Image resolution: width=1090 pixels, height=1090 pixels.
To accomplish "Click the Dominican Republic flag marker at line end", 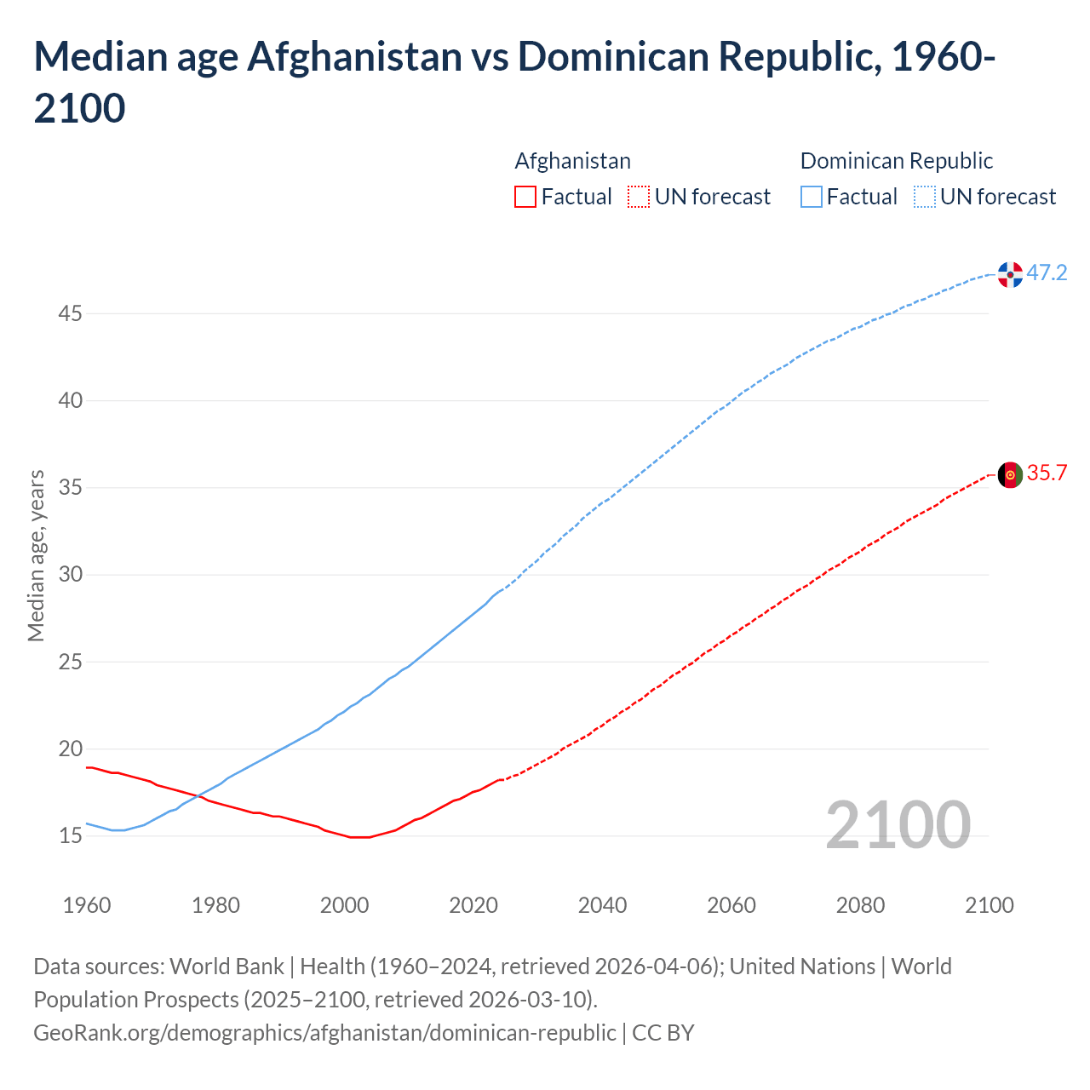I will [x=1010, y=274].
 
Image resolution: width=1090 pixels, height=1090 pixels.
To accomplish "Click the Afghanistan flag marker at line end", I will [x=1010, y=475].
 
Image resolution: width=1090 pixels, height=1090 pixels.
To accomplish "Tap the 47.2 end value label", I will [x=1047, y=273].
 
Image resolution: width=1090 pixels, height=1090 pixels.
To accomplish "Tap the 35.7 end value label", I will [x=1047, y=473].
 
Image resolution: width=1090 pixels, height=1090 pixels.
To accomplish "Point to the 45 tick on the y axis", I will [x=70, y=314].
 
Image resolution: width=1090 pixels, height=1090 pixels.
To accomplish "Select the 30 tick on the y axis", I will [x=70, y=575].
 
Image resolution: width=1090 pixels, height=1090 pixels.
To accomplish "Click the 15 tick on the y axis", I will [x=70, y=836].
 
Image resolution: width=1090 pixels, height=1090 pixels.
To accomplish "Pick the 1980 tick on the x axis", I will [x=215, y=905].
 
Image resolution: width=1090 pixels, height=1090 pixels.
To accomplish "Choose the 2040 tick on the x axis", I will [x=602, y=905].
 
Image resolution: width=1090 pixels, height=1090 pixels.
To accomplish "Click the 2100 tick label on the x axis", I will [x=989, y=905].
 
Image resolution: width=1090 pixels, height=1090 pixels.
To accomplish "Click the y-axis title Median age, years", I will [x=36, y=555].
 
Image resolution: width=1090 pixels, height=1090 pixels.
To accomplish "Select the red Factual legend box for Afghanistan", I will [x=525, y=198].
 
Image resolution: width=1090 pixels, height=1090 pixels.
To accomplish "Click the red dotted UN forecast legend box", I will [x=639, y=198].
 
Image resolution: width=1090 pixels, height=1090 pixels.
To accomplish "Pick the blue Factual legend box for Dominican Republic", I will [x=812, y=198].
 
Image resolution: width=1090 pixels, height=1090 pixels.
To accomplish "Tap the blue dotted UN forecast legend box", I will [x=924, y=198].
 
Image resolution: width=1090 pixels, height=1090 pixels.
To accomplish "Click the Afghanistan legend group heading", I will [x=572, y=161].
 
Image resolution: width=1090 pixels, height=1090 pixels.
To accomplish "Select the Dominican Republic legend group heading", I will [x=896, y=161].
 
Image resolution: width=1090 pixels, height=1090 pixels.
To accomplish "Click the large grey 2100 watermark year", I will [x=898, y=825].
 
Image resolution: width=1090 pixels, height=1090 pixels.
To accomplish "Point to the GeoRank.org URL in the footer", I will [x=324, y=1033].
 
